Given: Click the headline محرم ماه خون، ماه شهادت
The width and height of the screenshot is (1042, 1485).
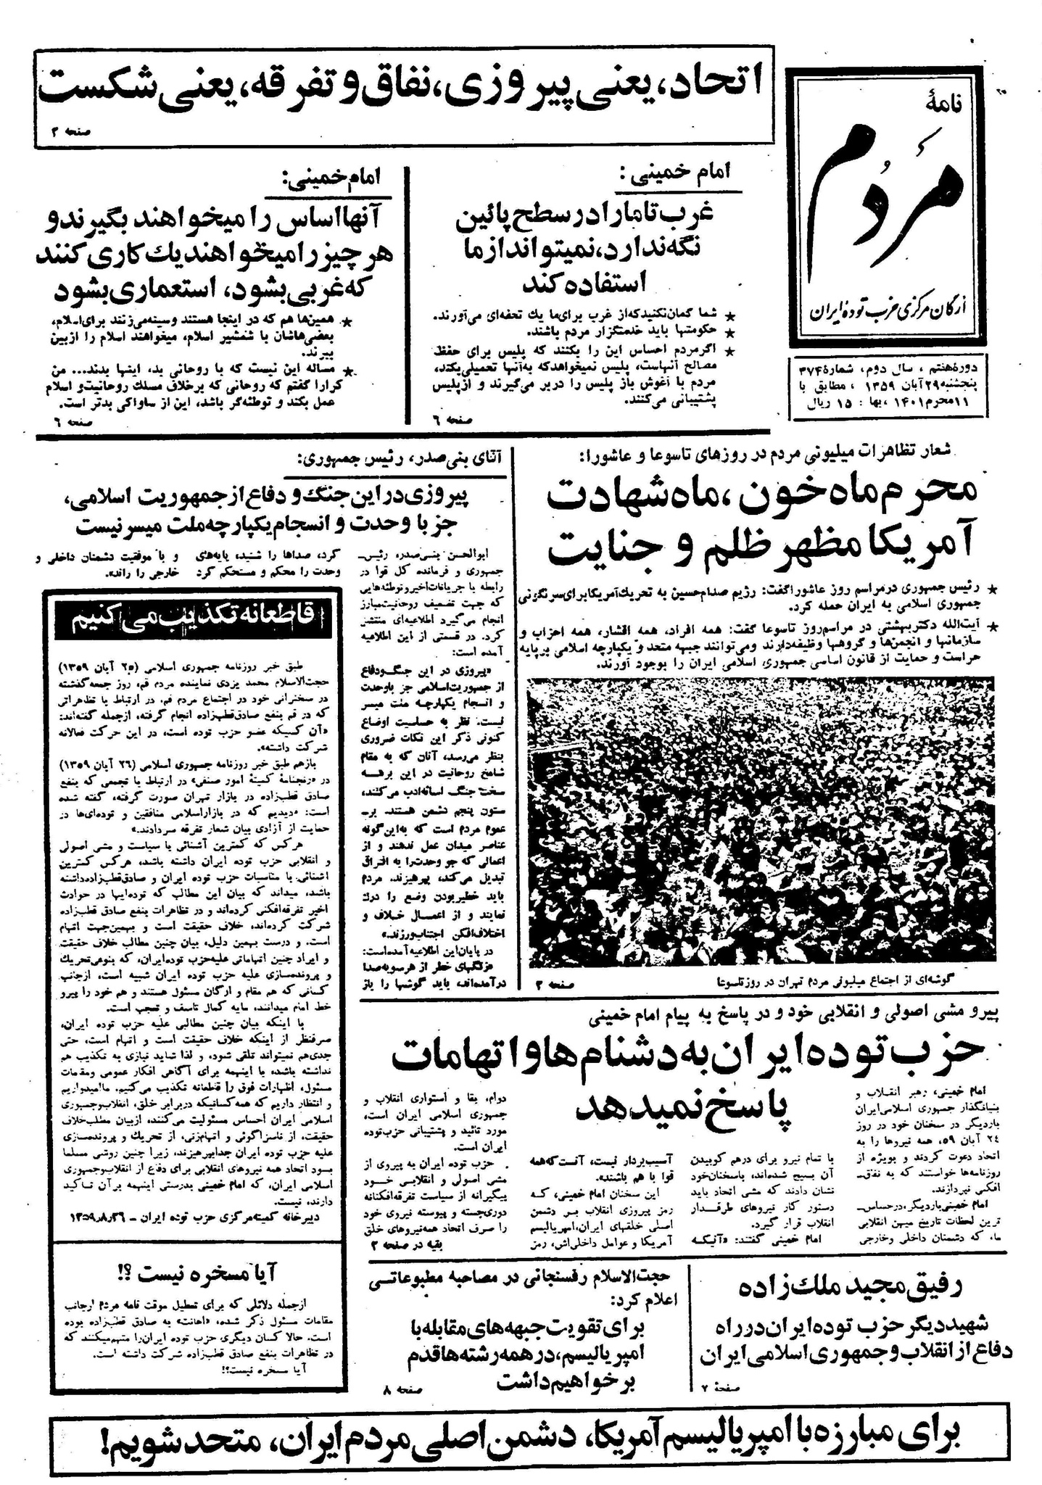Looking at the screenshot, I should click(x=761, y=497).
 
